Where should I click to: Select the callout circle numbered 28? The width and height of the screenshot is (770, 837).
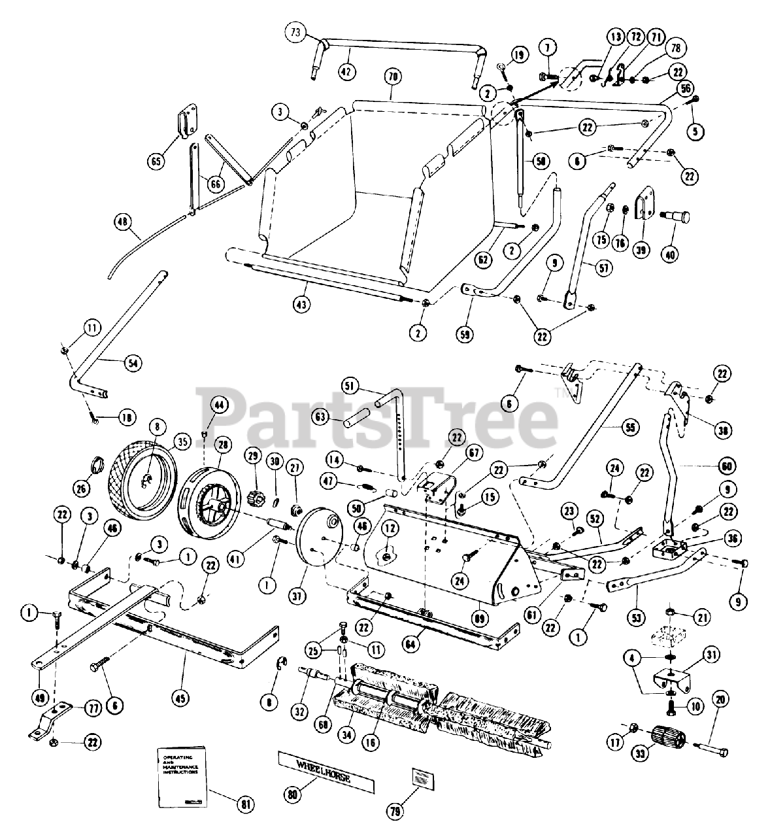[224, 445]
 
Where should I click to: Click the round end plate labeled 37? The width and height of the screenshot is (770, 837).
[320, 536]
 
